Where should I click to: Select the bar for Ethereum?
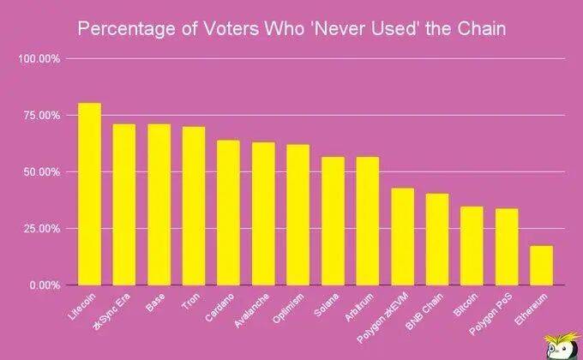click(x=541, y=265)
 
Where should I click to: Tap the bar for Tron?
click(x=193, y=206)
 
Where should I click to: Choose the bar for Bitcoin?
click(x=472, y=245)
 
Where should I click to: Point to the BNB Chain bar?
click(x=437, y=239)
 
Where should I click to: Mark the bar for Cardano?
click(x=228, y=213)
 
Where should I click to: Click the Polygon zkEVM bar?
click(x=402, y=237)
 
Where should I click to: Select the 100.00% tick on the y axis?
click(x=39, y=59)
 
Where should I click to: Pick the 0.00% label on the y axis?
click(x=43, y=285)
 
